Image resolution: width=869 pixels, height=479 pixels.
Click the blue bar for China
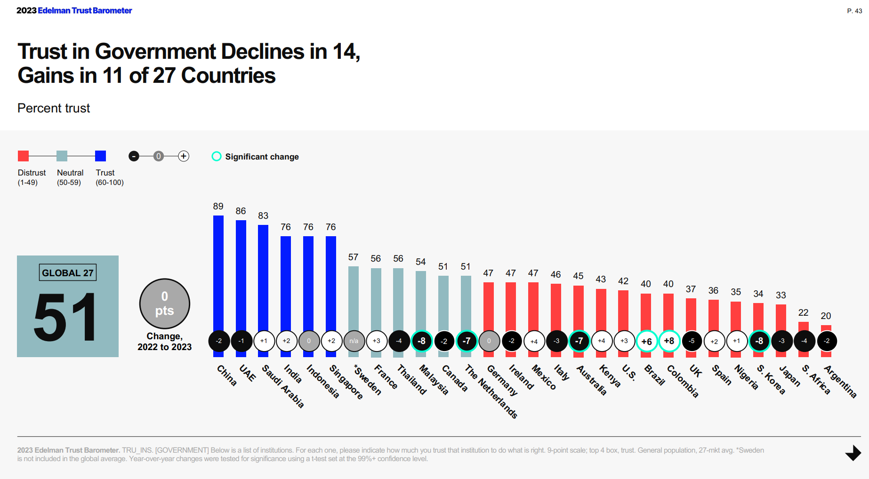pos(218,273)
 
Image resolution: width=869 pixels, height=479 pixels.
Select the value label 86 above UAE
pos(241,211)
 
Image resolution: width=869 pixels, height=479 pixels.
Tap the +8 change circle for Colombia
pos(669,341)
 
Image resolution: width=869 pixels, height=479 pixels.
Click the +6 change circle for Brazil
pos(646,341)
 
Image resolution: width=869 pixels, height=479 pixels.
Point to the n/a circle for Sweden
pos(354,341)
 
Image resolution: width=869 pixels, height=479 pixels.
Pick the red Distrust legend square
pos(23,156)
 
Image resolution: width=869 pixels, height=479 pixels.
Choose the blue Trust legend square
pos(100,156)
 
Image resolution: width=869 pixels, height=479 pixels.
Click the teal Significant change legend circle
pos(217,156)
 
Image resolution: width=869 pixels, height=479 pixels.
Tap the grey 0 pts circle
pos(165,303)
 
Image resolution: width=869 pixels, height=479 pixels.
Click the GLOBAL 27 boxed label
pos(68,273)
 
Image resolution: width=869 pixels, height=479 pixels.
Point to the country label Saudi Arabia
pos(283,386)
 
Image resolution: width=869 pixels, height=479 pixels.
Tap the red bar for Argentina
pos(826,328)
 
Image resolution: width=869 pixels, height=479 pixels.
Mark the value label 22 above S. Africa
pos(804,312)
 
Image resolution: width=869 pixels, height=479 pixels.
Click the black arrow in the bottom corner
pos(853,453)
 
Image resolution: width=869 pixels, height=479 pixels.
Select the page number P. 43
pos(854,11)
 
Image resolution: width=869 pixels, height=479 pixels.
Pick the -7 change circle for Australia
pos(579,341)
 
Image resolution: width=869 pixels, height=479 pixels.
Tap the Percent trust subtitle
pos(54,108)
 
